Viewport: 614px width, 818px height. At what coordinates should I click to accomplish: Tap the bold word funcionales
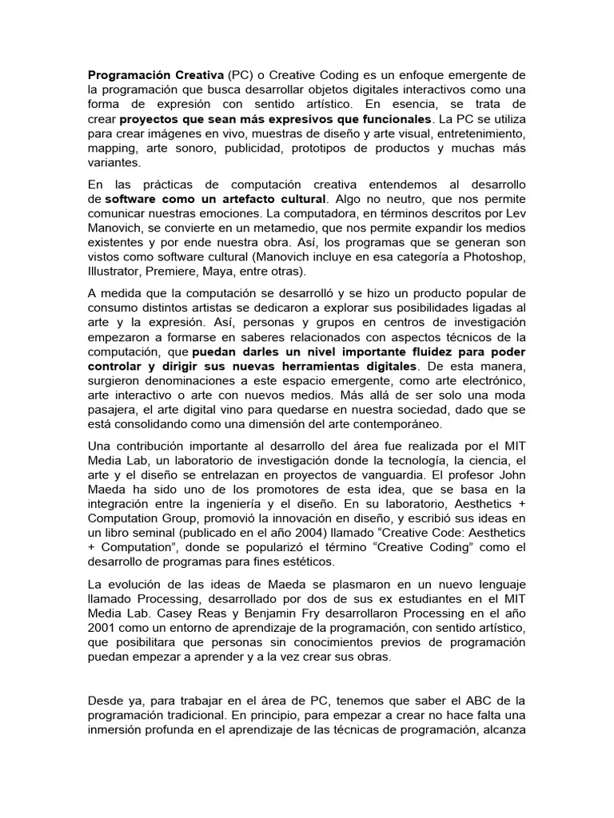[x=389, y=118]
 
